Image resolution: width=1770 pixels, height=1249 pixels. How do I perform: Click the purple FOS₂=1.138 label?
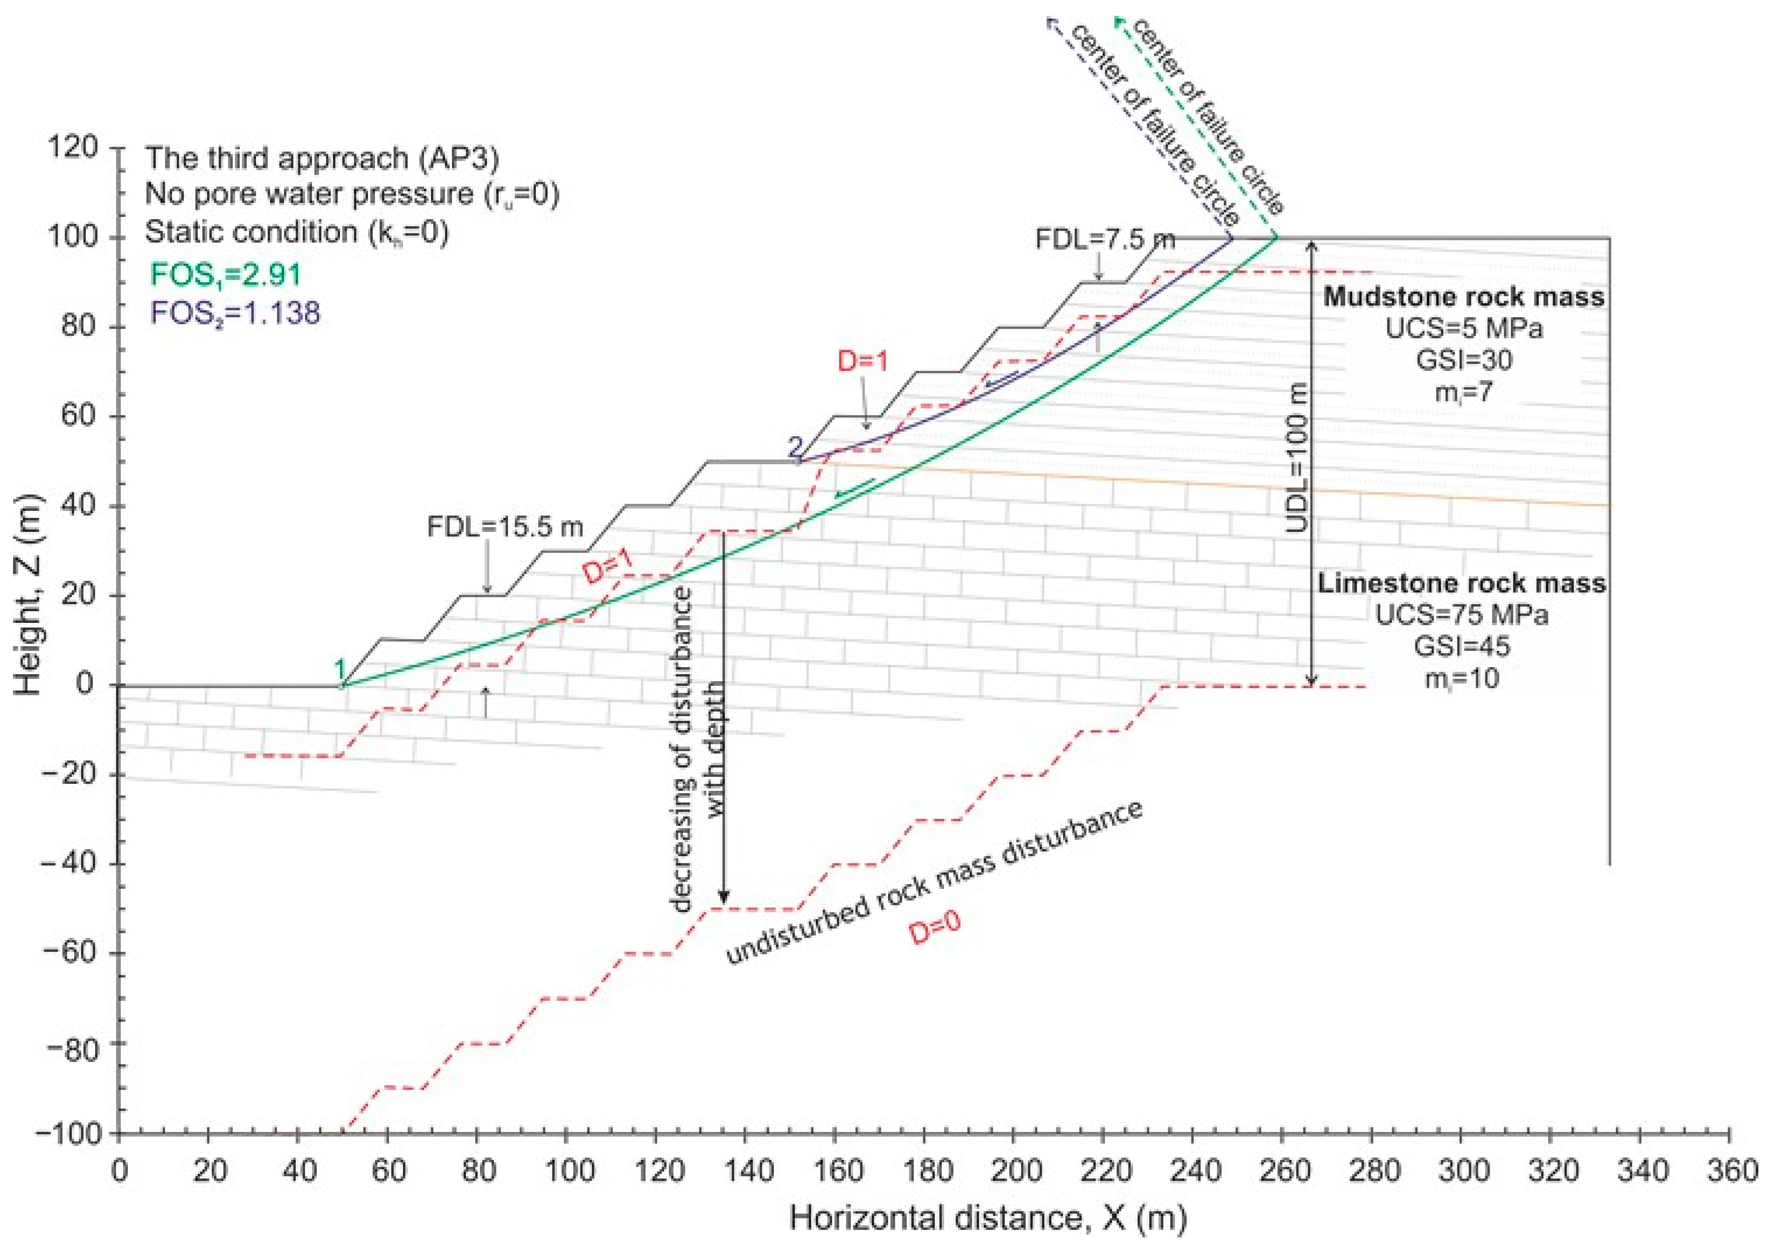point(235,313)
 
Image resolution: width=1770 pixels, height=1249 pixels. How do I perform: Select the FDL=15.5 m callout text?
point(505,527)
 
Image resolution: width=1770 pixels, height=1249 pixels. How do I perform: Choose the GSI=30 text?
point(1464,360)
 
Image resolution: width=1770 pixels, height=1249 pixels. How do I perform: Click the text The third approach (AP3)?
point(322,158)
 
